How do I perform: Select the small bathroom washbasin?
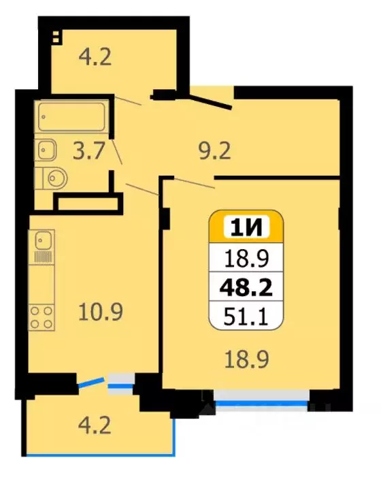click(46, 147)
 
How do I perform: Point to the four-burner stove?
click(42, 318)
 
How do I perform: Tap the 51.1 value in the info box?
click(246, 316)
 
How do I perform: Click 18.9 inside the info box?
click(246, 259)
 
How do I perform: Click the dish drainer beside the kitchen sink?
click(44, 257)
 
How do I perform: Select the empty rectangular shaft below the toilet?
click(88, 202)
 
